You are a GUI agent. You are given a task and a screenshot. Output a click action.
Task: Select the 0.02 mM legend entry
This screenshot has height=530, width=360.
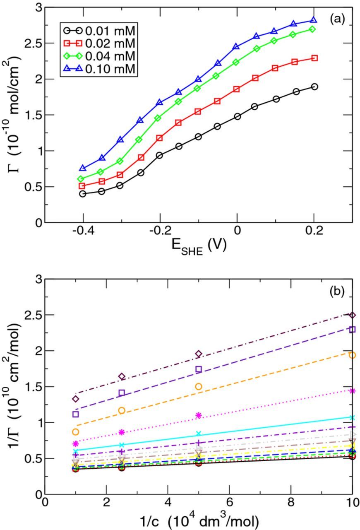click(x=103, y=43)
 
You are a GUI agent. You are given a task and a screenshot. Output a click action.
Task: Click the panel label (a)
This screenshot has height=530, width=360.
click(x=337, y=19)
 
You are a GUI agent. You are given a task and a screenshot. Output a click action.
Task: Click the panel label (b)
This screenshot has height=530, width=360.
click(x=337, y=291)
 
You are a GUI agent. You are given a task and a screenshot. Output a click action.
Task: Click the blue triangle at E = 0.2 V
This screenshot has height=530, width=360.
click(x=314, y=20)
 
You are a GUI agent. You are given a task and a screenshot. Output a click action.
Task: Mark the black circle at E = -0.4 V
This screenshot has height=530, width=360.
click(x=83, y=193)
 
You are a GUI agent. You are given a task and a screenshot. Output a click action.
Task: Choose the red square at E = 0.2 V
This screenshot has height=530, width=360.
click(x=314, y=58)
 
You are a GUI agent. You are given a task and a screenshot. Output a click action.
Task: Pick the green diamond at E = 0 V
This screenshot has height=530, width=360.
click(x=236, y=62)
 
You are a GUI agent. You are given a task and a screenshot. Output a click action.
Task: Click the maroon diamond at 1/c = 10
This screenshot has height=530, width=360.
click(x=352, y=315)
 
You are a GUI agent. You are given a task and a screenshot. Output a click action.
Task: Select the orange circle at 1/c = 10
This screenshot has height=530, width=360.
click(x=352, y=355)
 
